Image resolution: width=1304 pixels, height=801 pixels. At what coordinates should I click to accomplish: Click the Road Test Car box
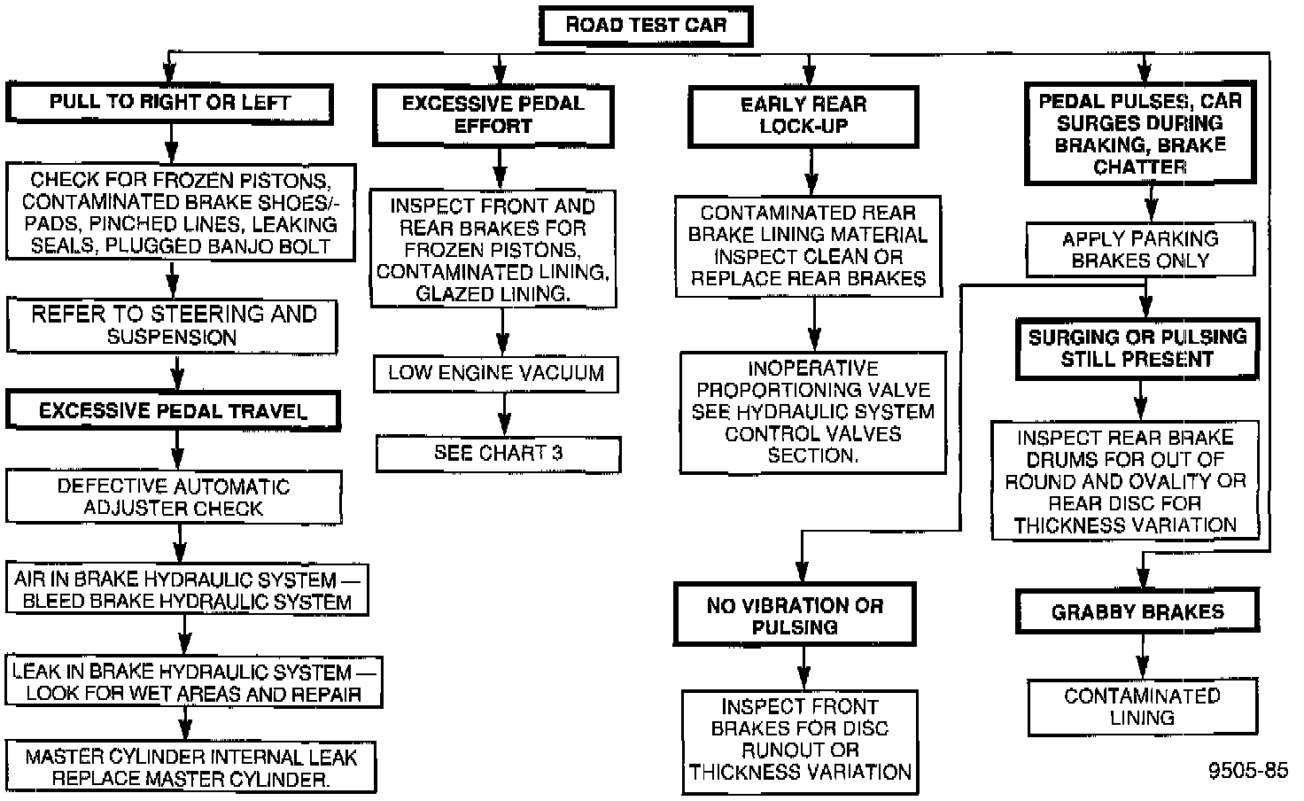(x=645, y=25)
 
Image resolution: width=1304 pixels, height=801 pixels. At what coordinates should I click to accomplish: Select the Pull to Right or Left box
(x=170, y=103)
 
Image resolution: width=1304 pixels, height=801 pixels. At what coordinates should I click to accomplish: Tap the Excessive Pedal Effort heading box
(x=493, y=115)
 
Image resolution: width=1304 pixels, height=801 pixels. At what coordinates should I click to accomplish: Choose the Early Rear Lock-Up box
(x=803, y=115)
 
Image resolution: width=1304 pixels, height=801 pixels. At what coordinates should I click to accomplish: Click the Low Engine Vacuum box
(x=495, y=373)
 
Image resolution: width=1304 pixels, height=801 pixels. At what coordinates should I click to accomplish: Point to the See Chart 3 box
(x=498, y=453)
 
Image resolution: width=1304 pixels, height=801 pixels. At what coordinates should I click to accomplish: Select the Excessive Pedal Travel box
(x=173, y=411)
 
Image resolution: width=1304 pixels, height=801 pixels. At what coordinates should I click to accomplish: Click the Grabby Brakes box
(x=1137, y=611)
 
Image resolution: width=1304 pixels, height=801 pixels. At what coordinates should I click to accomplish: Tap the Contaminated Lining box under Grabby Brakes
(x=1142, y=707)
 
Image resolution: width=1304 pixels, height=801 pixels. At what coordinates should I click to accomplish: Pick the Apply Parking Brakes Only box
(x=1140, y=249)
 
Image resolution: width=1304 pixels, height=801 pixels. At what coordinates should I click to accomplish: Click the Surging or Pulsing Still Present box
(x=1137, y=348)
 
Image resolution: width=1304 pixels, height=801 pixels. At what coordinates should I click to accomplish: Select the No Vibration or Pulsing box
(x=795, y=616)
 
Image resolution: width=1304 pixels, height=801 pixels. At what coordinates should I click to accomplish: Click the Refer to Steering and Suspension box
(x=173, y=325)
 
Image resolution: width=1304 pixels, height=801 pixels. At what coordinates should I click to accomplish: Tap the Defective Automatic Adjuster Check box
(x=174, y=497)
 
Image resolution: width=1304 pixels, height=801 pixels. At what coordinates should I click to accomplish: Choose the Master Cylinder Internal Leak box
(x=190, y=767)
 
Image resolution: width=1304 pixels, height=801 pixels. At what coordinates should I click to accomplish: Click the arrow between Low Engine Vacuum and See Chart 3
(x=504, y=414)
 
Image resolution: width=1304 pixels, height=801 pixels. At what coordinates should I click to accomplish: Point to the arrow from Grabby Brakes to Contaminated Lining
(x=1143, y=657)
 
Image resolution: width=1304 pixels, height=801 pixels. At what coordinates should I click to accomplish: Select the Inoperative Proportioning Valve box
(x=812, y=412)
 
